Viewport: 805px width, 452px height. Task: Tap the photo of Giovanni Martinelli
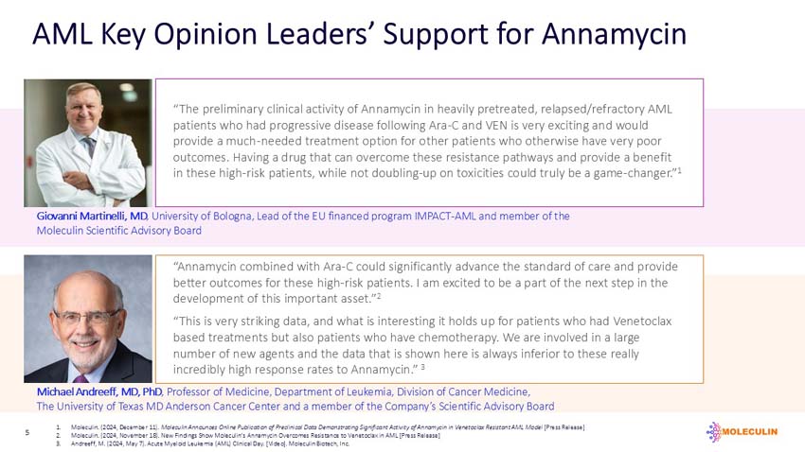pyautogui.click(x=87, y=143)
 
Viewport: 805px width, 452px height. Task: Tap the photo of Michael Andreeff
pyautogui.click(x=87, y=319)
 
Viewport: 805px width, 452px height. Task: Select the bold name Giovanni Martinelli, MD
pyautogui.click(x=92, y=217)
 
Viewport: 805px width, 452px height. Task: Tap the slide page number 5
pyautogui.click(x=27, y=432)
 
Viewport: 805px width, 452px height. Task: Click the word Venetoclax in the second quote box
pyautogui.click(x=633, y=321)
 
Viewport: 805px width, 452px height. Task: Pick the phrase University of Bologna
pyautogui.click(x=201, y=217)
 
